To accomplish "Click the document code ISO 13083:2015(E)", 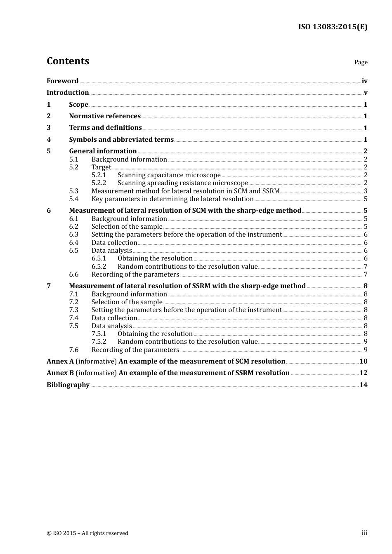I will point(333,27).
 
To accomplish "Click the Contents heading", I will point(68,61).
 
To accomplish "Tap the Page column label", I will point(361,62).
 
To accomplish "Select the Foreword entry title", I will point(62,81).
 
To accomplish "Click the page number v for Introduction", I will point(365,93).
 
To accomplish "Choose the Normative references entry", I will point(105,116).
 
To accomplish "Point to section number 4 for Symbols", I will point(49,140).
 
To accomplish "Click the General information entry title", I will point(103,151).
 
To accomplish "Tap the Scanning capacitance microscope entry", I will point(169,175).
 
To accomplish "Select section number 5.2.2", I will point(99,183).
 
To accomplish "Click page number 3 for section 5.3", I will point(365,191).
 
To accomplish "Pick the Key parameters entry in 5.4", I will point(172,199).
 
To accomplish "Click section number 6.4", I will point(73,243).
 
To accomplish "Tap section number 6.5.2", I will point(99,267).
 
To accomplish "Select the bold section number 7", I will point(49,286).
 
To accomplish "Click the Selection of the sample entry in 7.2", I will point(127,302).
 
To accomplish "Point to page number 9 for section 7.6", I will point(365,350).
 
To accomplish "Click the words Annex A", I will point(60,362).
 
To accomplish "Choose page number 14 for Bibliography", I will point(363,385).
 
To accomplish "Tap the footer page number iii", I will point(364,533).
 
